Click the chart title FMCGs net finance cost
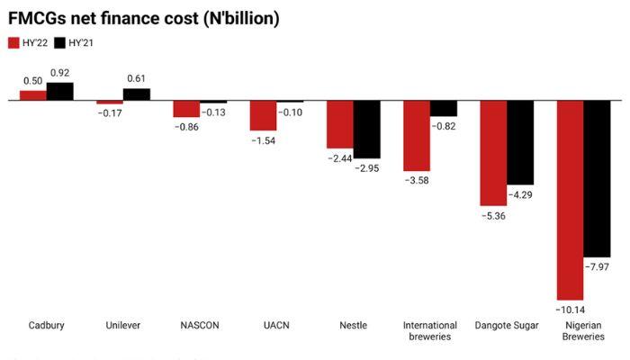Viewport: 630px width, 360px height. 143,18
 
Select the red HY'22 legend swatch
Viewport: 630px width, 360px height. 13,42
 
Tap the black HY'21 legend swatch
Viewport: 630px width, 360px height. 60,42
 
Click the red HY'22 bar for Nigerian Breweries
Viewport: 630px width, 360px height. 571,200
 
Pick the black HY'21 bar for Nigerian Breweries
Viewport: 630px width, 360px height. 598,179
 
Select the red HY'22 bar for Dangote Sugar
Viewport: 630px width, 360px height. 493,153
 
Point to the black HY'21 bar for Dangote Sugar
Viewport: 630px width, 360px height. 520,143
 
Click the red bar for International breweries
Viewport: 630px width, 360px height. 417,136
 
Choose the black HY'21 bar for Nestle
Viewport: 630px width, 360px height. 366,130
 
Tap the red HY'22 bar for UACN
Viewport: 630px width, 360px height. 263,116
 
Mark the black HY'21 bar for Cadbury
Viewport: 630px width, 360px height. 60,92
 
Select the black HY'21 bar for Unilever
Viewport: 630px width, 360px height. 137,94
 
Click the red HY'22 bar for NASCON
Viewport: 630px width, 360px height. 186,109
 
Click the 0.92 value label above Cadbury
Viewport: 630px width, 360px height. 60,73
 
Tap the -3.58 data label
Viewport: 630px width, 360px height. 417,180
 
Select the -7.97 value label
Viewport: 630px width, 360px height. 598,266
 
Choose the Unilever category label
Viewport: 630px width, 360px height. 122,325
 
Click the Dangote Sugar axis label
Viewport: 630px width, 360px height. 506,325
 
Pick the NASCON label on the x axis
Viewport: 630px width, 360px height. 199,325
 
